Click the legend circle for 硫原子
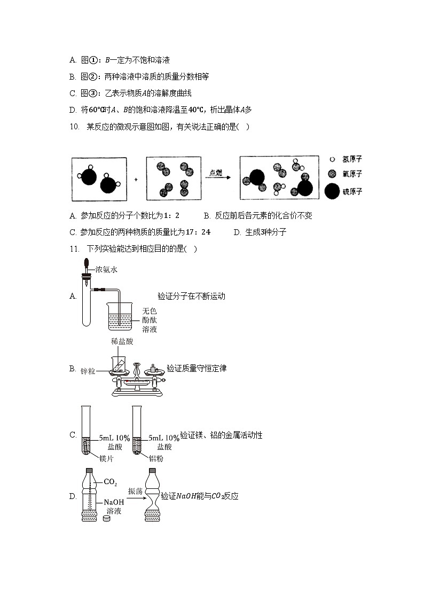click(332, 191)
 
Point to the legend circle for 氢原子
click(332, 159)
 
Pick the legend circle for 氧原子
click(332, 174)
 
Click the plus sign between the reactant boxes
click(136, 180)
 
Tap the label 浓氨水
click(106, 269)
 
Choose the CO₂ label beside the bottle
click(110, 482)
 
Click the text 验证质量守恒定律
click(197, 368)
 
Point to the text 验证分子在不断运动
click(191, 296)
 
